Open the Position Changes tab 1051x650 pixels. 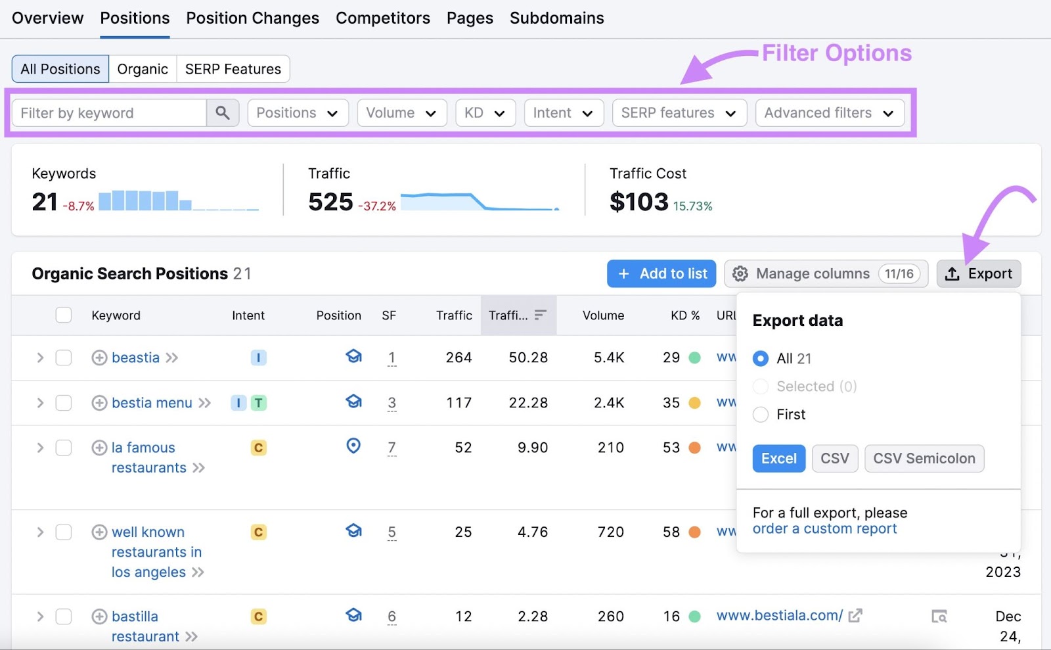[252, 18]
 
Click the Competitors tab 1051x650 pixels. [382, 18]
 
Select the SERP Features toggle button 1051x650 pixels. [233, 69]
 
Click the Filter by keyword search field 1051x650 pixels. [109, 113]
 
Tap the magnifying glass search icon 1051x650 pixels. [223, 113]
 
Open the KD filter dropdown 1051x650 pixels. [485, 113]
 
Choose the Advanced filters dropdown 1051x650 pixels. [829, 113]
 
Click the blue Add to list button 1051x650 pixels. [663, 274]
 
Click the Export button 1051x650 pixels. [978, 274]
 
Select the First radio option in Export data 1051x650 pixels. [761, 415]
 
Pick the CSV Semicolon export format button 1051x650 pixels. [924, 459]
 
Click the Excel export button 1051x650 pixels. [778, 459]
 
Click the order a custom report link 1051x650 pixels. [824, 529]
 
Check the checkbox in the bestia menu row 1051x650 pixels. [64, 403]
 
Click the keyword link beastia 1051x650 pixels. [135, 358]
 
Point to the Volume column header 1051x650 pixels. [602, 315]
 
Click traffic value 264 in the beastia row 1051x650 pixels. [458, 358]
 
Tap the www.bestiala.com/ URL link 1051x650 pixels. [779, 616]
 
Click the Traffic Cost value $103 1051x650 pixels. [638, 202]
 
